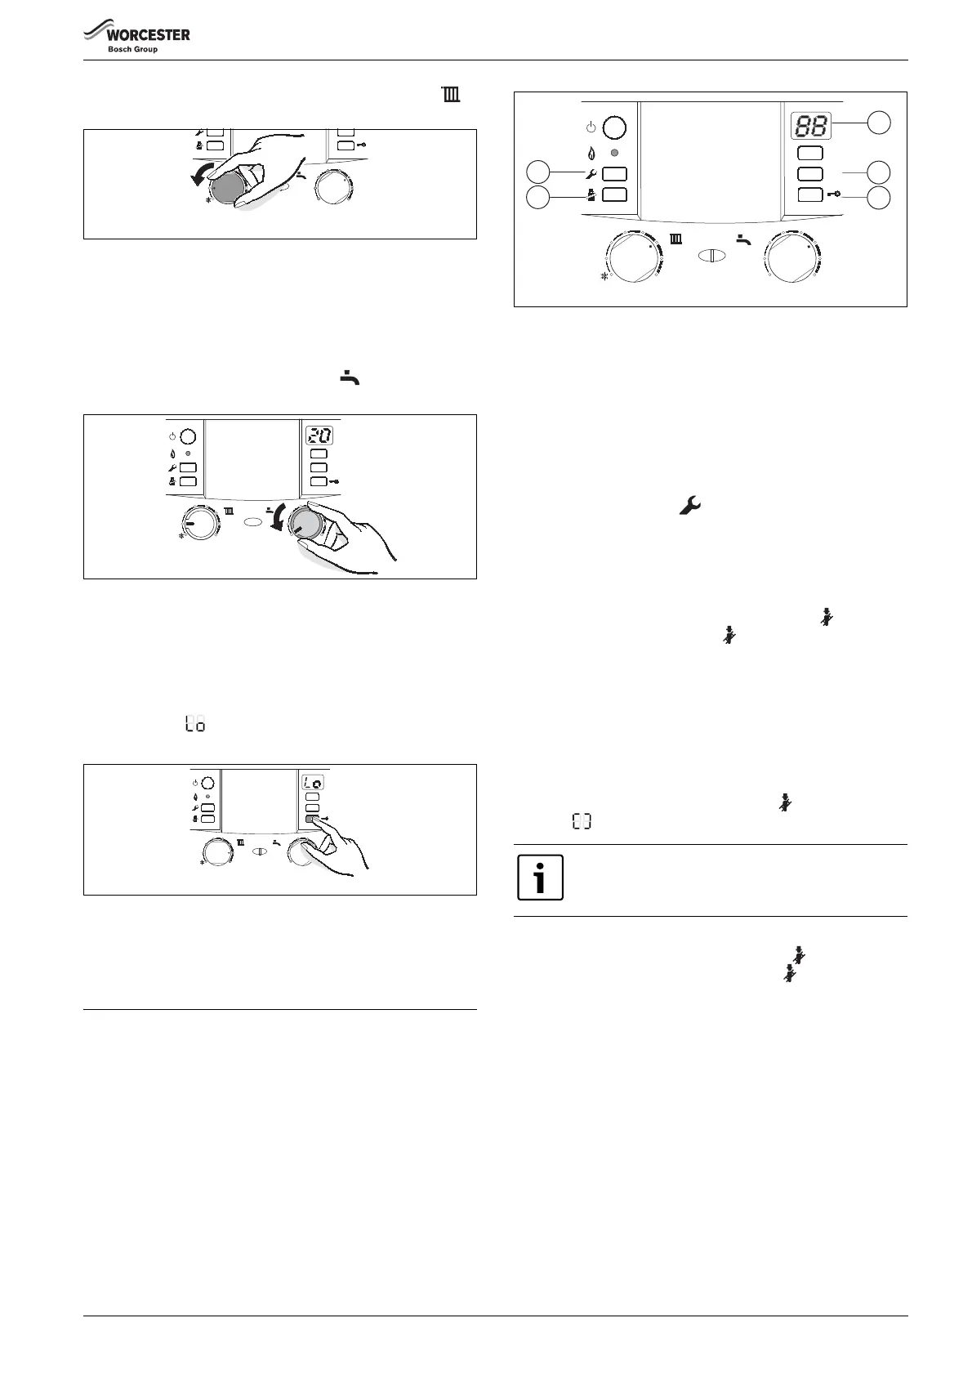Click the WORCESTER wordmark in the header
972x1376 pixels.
coord(147,35)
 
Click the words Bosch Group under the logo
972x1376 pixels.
coord(133,50)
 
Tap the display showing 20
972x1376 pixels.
coord(319,436)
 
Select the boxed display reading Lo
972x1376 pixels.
coord(313,782)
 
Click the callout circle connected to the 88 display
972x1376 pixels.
coord(879,123)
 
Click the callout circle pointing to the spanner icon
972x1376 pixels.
coord(537,172)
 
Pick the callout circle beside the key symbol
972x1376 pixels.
coord(879,197)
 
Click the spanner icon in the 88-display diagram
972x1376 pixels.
coord(591,173)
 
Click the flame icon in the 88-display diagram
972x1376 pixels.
coord(591,153)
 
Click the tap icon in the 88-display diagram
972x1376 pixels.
coord(743,239)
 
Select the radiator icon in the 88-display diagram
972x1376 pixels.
coord(676,240)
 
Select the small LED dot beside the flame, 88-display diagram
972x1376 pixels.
coord(614,153)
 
